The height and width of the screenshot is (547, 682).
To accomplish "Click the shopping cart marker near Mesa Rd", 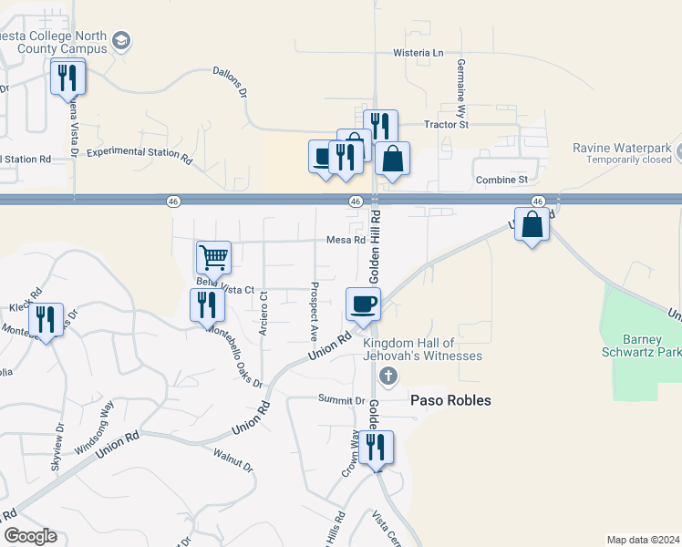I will tap(213, 257).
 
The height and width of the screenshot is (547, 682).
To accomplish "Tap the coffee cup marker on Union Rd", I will tap(363, 304).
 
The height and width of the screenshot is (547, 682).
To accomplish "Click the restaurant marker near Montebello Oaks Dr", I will tap(207, 304).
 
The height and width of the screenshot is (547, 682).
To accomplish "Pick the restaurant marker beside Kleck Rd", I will tap(45, 319).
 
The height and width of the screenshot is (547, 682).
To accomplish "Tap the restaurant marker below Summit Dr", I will tap(375, 448).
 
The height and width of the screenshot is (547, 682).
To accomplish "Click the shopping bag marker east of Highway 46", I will tap(532, 224).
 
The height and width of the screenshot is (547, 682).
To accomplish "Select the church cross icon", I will tap(387, 376).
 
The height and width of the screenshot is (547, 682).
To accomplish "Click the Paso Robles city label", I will tap(450, 400).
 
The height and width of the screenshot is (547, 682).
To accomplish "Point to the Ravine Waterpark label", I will tap(622, 149).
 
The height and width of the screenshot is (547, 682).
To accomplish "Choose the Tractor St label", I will tap(446, 124).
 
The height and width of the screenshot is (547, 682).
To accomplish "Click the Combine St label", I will tap(502, 181).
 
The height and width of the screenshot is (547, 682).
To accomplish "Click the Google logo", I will tap(30, 536).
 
